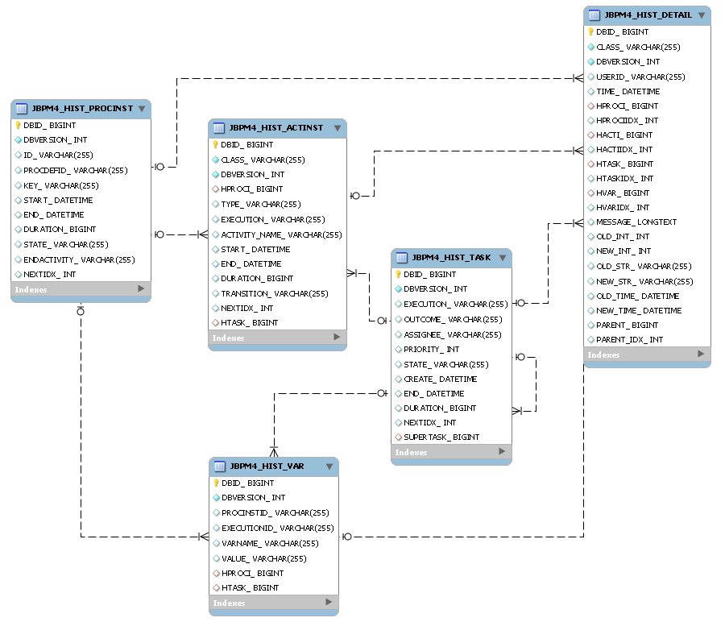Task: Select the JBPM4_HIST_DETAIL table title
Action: click(648, 15)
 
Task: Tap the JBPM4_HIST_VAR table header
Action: click(267, 466)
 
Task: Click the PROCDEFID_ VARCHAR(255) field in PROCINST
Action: click(76, 170)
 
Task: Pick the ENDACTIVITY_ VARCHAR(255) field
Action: click(79, 259)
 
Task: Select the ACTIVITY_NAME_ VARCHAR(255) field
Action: click(281, 234)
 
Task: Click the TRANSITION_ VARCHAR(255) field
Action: click(275, 293)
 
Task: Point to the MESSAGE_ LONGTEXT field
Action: click(636, 222)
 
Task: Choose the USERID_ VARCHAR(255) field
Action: click(640, 77)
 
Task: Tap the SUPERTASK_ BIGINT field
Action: click(441, 437)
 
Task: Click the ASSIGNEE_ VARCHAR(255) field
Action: click(452, 334)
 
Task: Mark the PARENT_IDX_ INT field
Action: click(629, 339)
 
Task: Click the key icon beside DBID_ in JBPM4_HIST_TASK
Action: click(398, 274)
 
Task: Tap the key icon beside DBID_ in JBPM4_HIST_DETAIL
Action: click(590, 32)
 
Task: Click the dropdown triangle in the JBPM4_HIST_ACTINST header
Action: click(336, 128)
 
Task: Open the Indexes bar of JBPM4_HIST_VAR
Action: click(273, 603)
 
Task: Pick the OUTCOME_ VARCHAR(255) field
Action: click(452, 319)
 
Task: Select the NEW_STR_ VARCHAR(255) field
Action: click(644, 281)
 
